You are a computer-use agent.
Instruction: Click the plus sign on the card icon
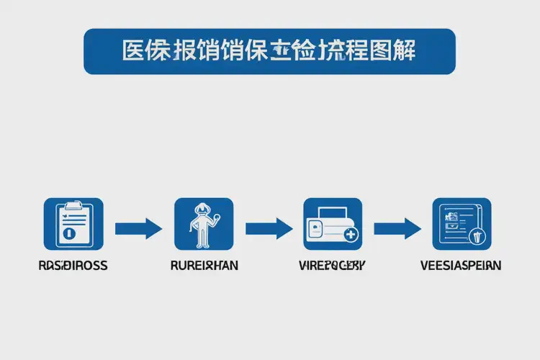(351, 235)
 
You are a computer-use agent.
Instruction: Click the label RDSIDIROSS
(73, 266)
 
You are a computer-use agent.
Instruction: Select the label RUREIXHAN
(204, 266)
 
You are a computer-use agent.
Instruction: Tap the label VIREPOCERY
(332, 266)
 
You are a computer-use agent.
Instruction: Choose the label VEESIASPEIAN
(461, 266)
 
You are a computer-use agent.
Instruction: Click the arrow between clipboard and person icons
(138, 229)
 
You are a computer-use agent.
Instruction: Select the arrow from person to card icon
(269, 229)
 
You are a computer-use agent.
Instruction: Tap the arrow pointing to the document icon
(397, 229)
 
